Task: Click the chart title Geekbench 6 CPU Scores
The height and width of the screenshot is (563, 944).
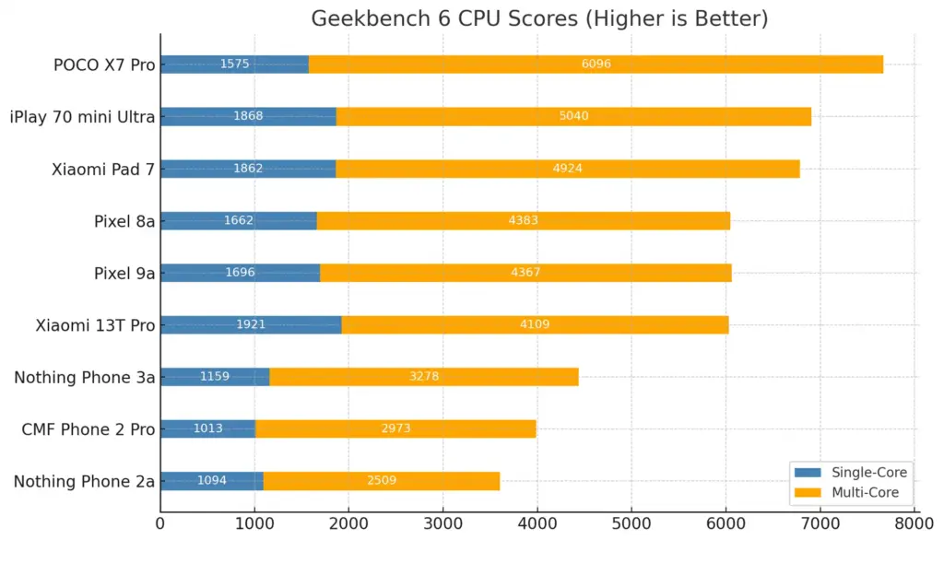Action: (539, 18)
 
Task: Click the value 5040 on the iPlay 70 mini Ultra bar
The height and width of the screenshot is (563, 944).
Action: (573, 116)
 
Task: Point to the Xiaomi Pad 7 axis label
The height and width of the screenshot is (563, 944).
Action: (103, 169)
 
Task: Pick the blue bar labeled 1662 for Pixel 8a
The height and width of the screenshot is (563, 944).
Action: (238, 220)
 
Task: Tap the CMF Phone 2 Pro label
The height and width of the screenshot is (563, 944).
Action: (88, 429)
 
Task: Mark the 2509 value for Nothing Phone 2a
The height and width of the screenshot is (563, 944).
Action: (382, 481)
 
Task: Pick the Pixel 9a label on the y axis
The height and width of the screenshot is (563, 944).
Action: (124, 273)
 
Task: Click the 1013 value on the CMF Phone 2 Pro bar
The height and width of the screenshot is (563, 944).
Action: (208, 429)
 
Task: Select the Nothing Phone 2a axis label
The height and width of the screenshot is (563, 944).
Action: (84, 481)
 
